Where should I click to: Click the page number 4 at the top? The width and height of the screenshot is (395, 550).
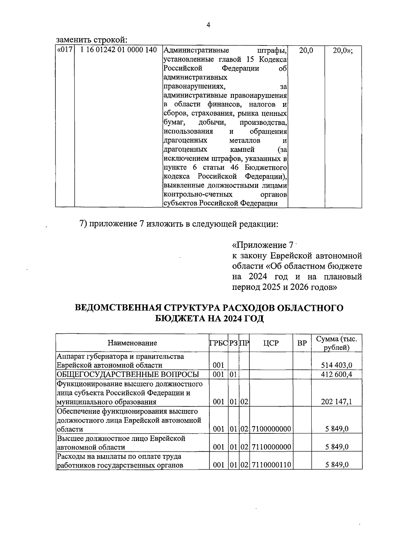point(208,26)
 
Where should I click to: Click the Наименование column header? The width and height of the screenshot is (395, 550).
point(132,343)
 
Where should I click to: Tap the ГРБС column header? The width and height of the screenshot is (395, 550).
point(218,343)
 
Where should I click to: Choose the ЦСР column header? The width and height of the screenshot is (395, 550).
point(271,343)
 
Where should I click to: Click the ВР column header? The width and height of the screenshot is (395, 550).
point(302,343)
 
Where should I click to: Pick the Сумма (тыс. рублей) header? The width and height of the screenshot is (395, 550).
point(336,343)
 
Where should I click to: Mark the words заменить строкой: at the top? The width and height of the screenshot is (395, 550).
point(92,40)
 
